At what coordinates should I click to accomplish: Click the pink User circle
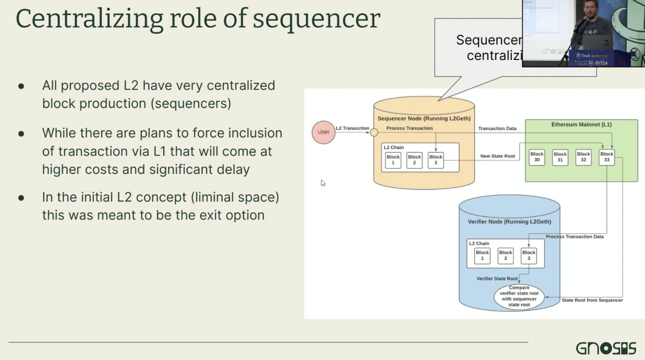(324, 132)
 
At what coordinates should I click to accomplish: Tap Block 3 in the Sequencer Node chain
(436, 160)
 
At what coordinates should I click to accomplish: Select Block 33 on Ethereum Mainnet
(607, 157)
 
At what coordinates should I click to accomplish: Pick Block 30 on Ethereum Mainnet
(537, 157)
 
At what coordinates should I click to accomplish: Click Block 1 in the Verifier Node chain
(482, 256)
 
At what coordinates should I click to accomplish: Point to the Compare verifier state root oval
(519, 296)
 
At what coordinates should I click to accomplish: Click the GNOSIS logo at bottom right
(606, 348)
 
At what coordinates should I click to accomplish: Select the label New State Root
(497, 156)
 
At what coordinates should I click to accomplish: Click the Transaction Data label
(497, 129)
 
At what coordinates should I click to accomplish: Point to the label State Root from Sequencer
(592, 300)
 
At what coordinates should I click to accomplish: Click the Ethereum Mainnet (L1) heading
(581, 125)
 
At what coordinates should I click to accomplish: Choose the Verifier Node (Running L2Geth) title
(509, 222)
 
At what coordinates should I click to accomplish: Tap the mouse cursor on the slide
(323, 182)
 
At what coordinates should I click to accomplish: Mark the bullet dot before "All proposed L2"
(21, 85)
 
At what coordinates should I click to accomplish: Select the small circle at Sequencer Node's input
(374, 132)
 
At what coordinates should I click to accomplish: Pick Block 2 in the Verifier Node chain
(506, 256)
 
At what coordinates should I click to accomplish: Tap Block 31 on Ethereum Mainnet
(560, 157)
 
